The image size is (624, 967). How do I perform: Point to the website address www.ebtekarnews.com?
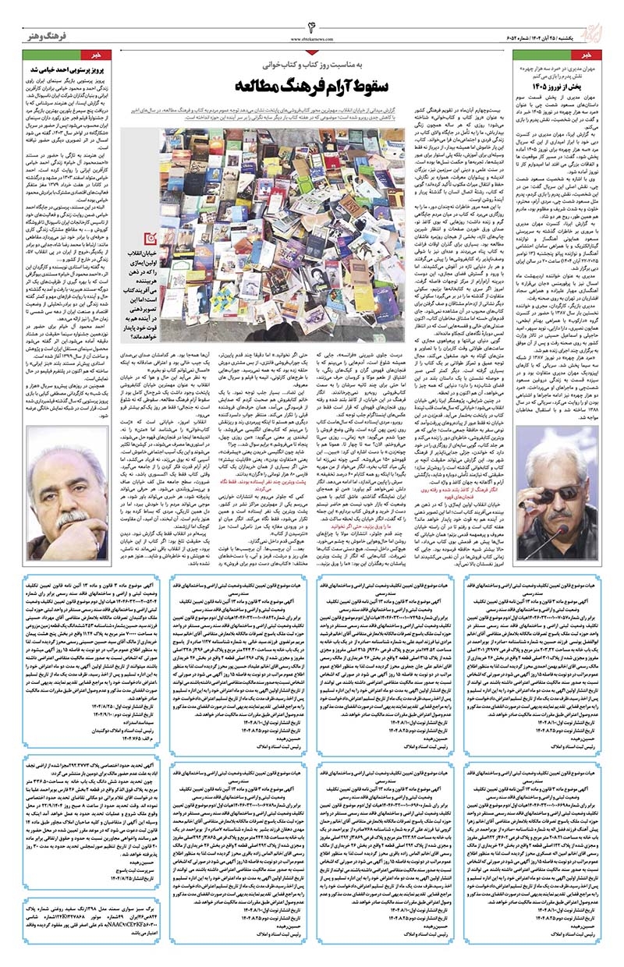click(x=313, y=37)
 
